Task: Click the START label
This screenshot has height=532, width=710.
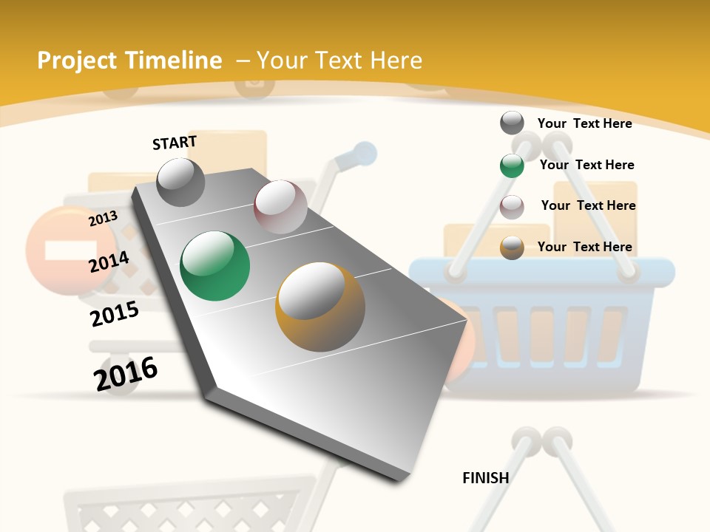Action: (175, 143)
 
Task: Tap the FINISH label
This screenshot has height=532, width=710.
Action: (485, 478)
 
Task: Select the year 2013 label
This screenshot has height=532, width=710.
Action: (103, 219)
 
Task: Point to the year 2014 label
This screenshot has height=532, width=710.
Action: (109, 262)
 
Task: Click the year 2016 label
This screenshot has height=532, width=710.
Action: (126, 373)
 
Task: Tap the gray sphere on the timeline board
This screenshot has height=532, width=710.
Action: (180, 183)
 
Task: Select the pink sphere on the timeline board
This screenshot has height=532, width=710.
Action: (280, 207)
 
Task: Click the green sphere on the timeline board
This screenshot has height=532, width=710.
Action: (214, 266)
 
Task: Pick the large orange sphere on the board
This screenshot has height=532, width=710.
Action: (319, 307)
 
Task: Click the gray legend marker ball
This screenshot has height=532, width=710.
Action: (512, 123)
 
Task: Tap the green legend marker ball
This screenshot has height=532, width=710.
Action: (512, 166)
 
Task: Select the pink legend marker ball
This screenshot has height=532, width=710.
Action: (512, 207)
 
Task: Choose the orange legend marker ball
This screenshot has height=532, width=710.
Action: (512, 248)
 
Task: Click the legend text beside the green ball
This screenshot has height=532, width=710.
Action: (586, 165)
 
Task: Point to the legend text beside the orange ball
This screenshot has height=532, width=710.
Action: (584, 247)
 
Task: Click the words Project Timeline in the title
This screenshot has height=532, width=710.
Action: (129, 61)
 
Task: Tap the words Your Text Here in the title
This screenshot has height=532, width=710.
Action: (339, 61)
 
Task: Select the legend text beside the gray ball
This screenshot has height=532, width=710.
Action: (584, 123)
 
